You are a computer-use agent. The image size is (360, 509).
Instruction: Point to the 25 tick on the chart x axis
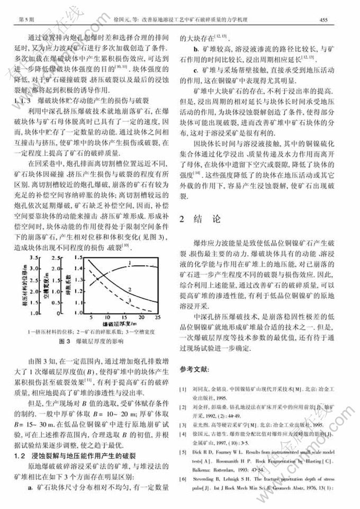157,317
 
